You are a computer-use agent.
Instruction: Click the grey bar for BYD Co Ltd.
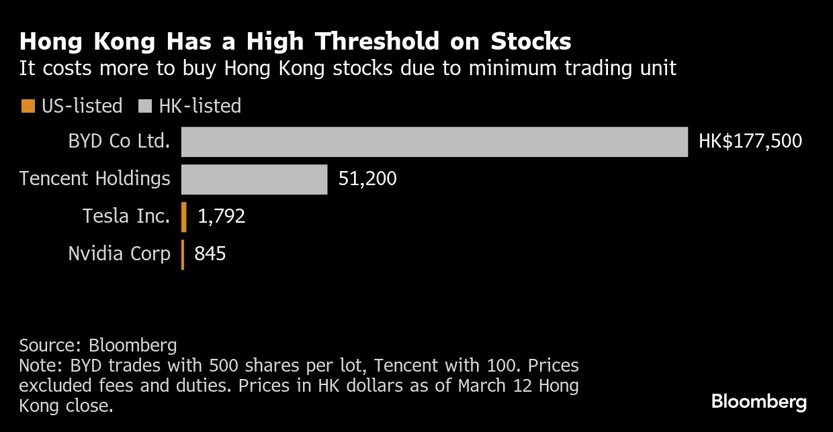click(435, 142)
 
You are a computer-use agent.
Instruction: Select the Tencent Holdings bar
click(255, 179)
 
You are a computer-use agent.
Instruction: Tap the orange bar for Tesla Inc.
click(183, 217)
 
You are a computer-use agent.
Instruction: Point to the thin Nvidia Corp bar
click(183, 254)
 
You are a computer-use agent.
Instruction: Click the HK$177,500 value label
click(750, 142)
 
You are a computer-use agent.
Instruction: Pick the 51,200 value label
click(367, 178)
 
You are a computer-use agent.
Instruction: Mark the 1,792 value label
click(221, 216)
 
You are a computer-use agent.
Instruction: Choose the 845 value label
click(210, 254)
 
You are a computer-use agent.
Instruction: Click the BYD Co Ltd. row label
click(119, 141)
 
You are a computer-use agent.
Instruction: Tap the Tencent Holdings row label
click(95, 178)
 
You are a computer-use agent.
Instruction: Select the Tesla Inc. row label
click(126, 216)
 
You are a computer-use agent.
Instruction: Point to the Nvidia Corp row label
click(119, 254)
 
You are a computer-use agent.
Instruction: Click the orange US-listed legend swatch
click(28, 106)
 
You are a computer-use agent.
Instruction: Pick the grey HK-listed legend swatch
click(145, 106)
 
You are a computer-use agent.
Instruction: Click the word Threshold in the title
click(377, 41)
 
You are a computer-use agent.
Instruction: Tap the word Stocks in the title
click(531, 41)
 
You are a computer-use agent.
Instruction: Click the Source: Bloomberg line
click(98, 345)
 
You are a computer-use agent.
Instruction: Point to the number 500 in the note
click(224, 366)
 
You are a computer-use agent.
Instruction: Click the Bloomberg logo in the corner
click(758, 402)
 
